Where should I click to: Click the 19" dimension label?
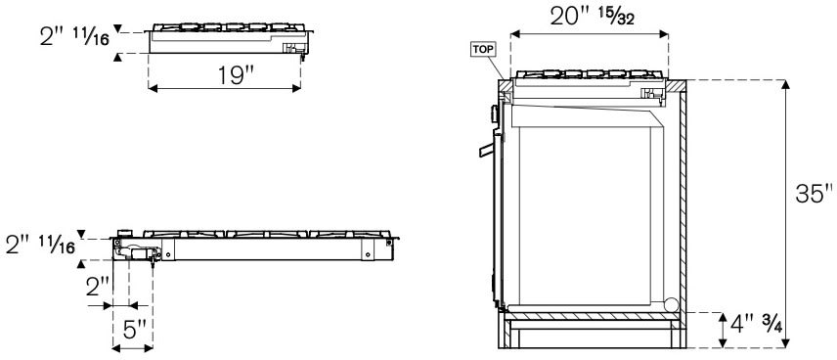(x=235, y=76)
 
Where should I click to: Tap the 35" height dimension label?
(x=814, y=194)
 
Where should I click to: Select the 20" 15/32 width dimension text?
(x=592, y=18)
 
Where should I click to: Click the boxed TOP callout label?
(x=483, y=50)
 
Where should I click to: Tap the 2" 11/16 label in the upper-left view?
(x=74, y=36)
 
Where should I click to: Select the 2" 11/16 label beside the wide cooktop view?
(x=40, y=245)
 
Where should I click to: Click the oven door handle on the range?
(x=486, y=151)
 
